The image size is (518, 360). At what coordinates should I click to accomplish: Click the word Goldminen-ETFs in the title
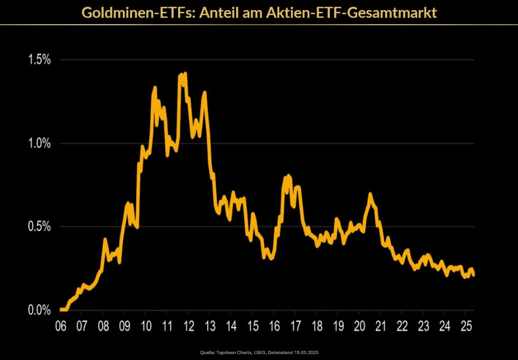138,12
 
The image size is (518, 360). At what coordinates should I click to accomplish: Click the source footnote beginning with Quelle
259,352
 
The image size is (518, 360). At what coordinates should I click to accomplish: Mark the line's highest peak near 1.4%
185,74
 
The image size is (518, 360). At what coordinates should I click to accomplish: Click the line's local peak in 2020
370,194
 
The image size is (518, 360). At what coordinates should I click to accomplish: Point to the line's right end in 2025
473,275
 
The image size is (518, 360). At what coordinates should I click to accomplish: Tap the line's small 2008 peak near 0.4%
105,239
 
